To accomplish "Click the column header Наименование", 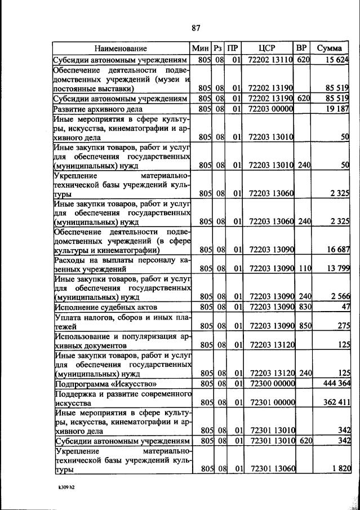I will click(121, 48).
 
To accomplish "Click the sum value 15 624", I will click(337, 60).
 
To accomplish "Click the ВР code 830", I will click(304, 307).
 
